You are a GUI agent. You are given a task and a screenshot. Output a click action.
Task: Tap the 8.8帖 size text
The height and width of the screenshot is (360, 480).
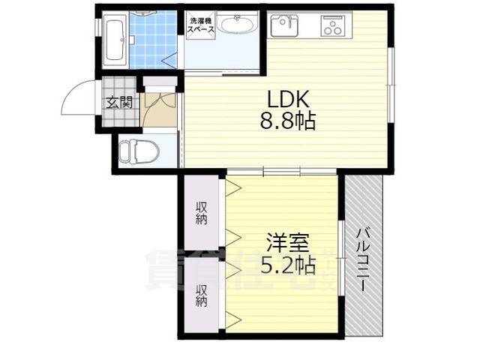[288, 121]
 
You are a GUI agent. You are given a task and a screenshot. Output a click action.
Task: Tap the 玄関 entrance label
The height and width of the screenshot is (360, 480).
[118, 102]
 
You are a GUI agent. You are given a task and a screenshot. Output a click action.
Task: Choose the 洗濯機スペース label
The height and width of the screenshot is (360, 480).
[200, 25]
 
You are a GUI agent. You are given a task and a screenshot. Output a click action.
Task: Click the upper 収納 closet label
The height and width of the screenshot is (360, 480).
[202, 213]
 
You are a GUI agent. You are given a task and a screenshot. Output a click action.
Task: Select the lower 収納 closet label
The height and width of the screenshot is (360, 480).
[202, 295]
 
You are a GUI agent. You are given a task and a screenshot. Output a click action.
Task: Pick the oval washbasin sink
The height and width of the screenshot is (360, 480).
[238, 25]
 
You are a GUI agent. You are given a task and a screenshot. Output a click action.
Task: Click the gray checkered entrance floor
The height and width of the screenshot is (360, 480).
[118, 103]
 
